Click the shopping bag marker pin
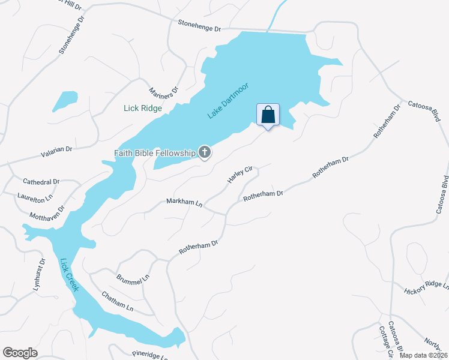point(268,115)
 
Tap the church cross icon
point(205,152)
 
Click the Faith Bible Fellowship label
point(155,152)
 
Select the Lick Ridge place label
point(143,108)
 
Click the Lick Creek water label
point(70,275)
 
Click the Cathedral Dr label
point(41,181)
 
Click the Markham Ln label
point(184,202)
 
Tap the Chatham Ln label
point(117,301)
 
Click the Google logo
point(20,353)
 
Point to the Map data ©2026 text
point(422,355)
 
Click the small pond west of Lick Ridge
point(65,100)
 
